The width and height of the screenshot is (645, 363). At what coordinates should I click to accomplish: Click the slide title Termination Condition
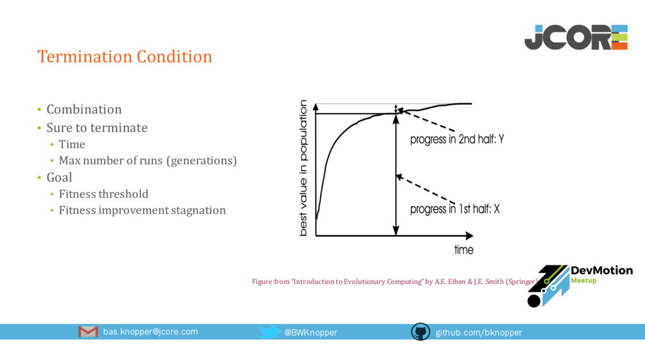[125, 56]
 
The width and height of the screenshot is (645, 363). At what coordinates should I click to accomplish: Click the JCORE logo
[576, 37]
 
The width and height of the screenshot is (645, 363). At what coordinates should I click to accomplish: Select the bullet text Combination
[84, 110]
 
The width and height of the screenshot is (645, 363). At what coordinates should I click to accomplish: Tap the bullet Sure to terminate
[97, 127]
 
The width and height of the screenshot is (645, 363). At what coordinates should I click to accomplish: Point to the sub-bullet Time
[72, 144]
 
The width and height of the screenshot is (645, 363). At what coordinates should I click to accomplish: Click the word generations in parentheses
[202, 161]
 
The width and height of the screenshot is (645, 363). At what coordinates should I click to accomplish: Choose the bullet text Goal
[59, 177]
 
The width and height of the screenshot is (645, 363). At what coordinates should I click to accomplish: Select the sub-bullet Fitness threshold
[104, 194]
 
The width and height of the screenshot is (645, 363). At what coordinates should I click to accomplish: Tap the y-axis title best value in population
[303, 168]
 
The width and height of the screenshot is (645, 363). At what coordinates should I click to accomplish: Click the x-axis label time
[464, 250]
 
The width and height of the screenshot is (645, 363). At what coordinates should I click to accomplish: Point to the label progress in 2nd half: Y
[457, 139]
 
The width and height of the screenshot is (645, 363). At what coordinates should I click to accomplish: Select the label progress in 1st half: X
[455, 209]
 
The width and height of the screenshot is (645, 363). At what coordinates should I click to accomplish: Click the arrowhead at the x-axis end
[469, 236]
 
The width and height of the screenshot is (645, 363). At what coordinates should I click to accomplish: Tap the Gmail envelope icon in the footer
[88, 331]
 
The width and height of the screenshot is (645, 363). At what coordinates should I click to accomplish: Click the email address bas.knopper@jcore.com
[151, 331]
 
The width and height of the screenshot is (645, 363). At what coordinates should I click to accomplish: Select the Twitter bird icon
[268, 331]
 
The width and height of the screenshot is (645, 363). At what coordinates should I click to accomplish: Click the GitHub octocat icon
[420, 331]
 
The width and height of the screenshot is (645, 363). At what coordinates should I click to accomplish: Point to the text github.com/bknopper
[479, 333]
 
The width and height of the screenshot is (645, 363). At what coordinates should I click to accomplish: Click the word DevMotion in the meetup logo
[602, 270]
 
